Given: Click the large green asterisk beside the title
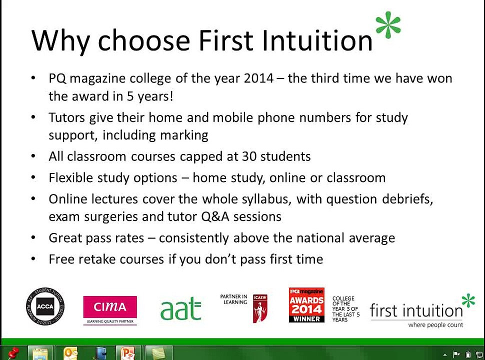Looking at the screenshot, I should [x=388, y=26].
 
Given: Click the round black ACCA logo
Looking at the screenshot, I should [x=45, y=306].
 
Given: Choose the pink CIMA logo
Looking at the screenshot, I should [x=110, y=307].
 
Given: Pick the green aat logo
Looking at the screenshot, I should [x=180, y=310].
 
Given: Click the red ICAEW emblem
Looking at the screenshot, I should [x=260, y=308].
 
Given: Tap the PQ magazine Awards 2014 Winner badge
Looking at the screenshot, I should [x=306, y=305].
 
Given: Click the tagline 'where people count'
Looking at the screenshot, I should [x=435, y=325].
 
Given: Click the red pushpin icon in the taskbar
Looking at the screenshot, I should [x=12, y=353].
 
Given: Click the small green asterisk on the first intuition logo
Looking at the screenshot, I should [x=468, y=300].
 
